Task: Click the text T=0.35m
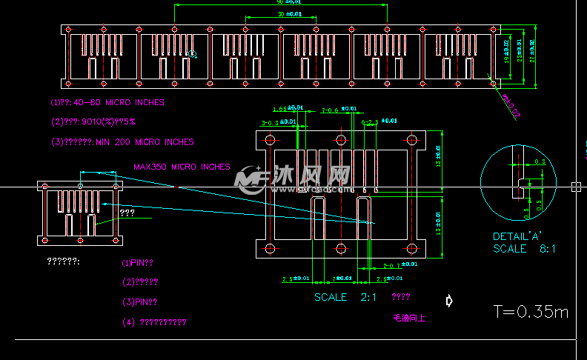(x=531, y=312)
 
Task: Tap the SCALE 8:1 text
(x=524, y=249)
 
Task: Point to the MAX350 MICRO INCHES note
(x=182, y=167)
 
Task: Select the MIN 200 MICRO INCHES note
(x=122, y=142)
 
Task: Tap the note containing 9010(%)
(x=102, y=122)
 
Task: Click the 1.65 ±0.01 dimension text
(x=284, y=108)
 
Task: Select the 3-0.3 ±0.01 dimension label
(x=279, y=122)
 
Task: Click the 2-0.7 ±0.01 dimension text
(x=399, y=264)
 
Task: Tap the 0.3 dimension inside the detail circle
(x=540, y=161)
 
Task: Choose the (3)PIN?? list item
(x=139, y=302)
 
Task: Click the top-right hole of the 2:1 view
(x=410, y=139)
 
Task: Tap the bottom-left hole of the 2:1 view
(x=270, y=247)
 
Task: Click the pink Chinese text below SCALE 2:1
(x=409, y=318)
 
